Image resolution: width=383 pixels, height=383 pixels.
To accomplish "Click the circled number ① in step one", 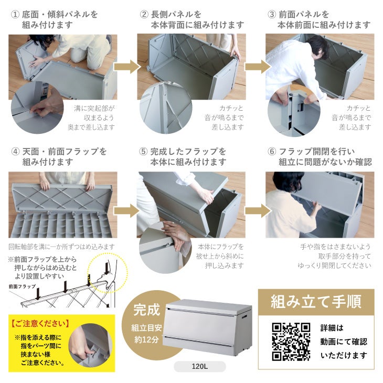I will (15, 15).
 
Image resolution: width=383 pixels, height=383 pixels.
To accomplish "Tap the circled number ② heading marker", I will (144, 15).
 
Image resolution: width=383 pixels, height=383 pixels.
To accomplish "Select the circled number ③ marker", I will (272, 15).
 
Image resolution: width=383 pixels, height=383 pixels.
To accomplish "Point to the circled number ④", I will (15, 152).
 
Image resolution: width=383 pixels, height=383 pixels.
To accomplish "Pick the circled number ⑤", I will (144, 152).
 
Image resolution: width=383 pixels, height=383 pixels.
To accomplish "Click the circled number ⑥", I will (272, 152).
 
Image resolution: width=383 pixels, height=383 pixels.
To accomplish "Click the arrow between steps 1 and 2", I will (127, 67).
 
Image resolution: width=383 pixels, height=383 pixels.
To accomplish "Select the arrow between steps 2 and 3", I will (256, 67).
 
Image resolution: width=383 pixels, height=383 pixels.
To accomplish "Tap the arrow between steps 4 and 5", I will (127, 211).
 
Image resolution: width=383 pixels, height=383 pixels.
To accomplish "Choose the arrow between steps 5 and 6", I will (256, 211).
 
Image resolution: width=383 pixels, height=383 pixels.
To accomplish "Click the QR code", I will (291, 341).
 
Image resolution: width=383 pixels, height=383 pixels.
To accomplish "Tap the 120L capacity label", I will (199, 367).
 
